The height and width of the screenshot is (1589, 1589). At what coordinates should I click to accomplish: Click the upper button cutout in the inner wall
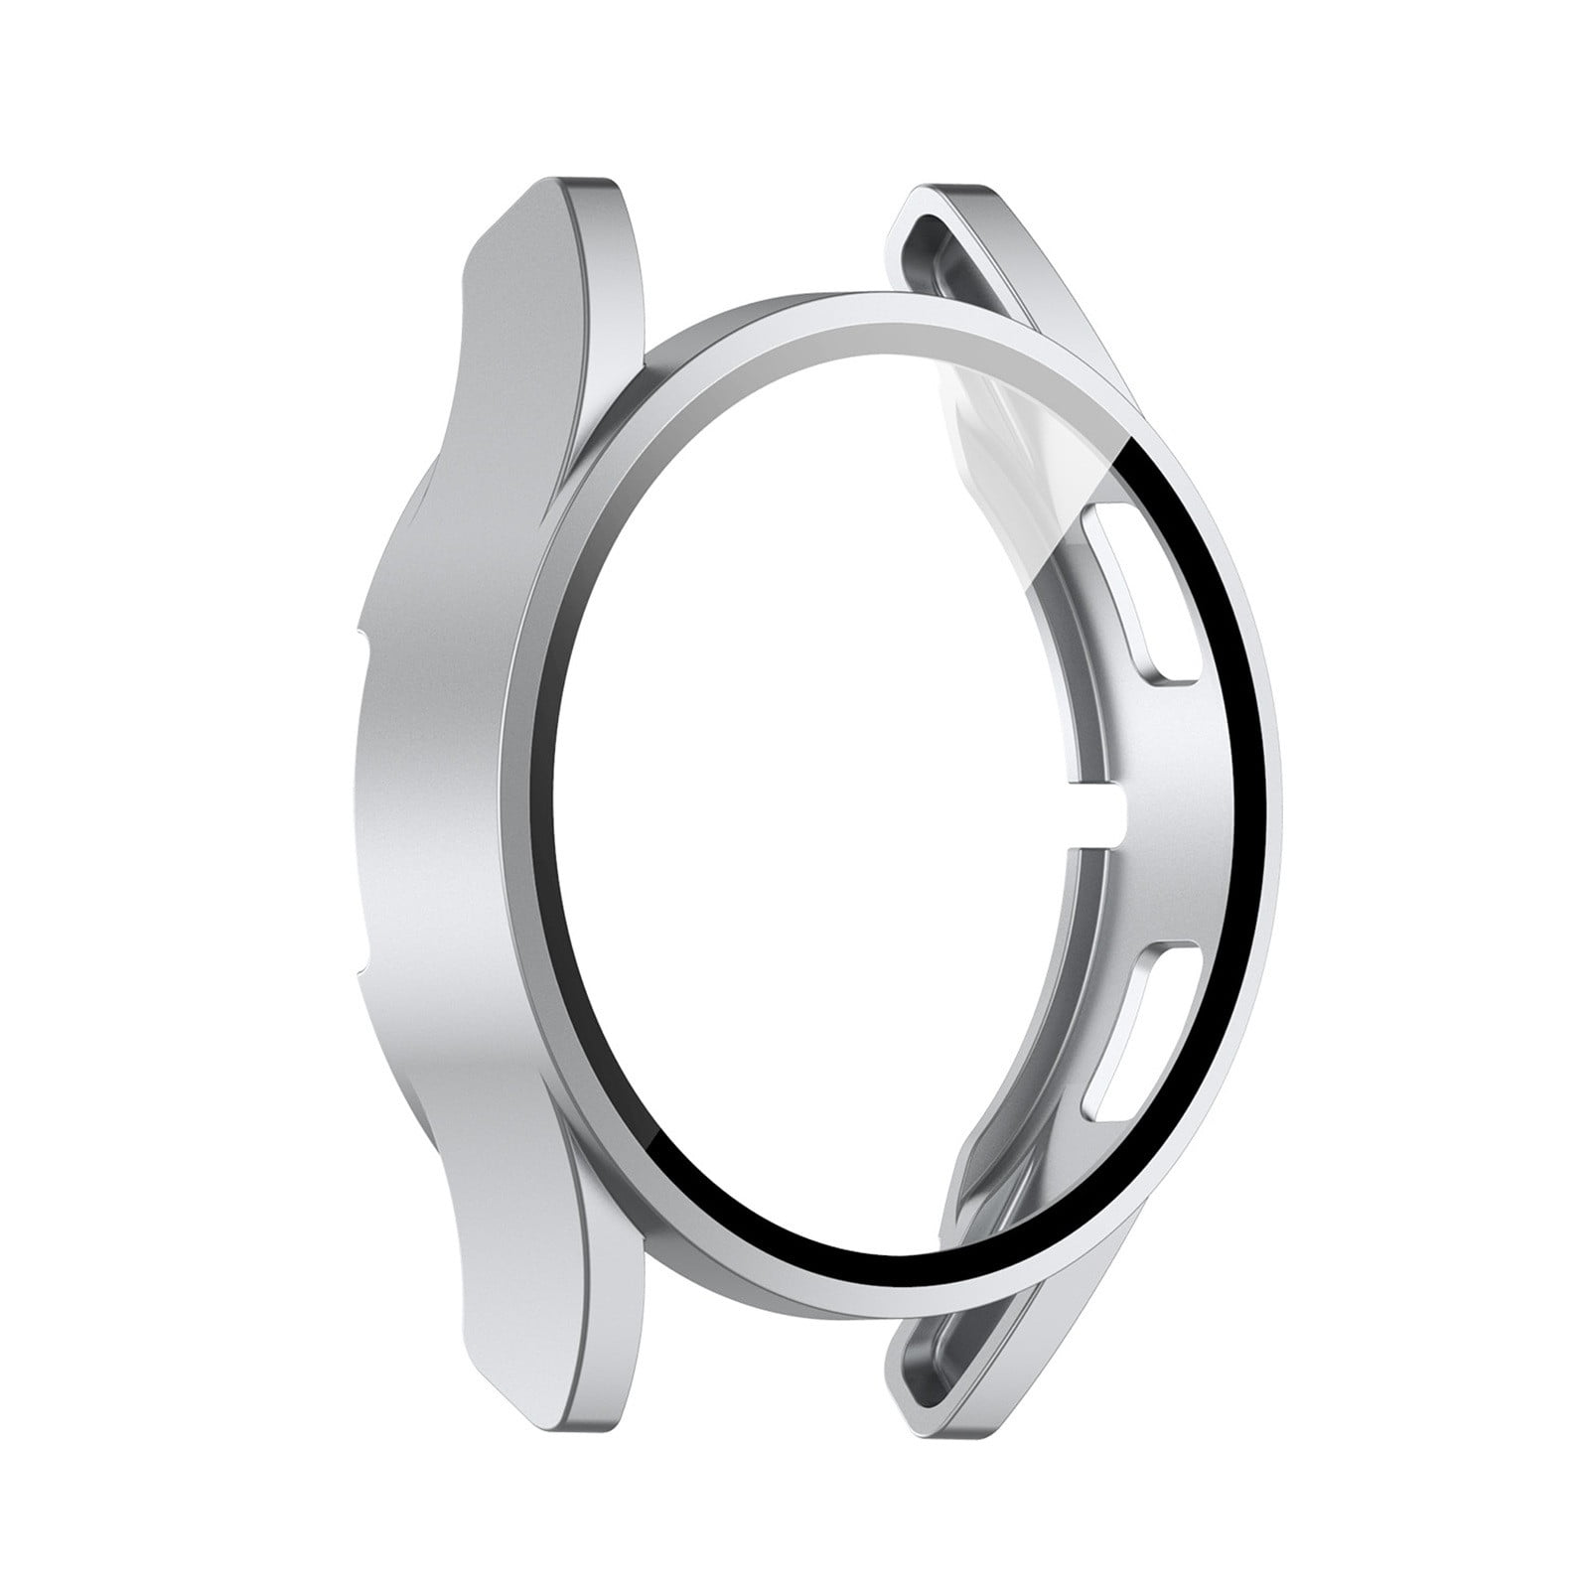[1142, 596]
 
